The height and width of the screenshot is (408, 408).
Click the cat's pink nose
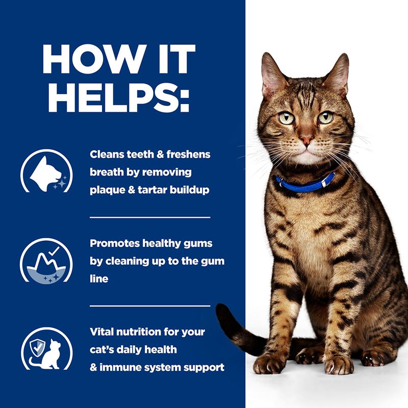(x=307, y=140)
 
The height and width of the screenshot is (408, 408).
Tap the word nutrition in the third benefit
(x=145, y=332)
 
